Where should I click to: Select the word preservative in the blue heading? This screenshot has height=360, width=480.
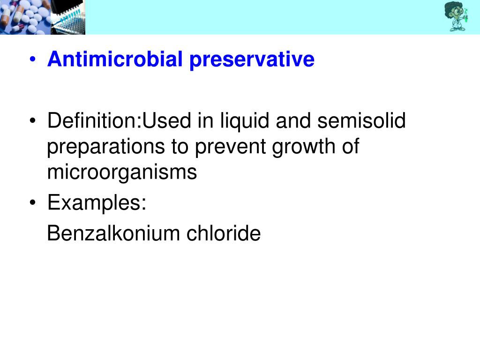tap(252, 60)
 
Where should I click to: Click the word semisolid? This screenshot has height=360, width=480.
tap(361, 121)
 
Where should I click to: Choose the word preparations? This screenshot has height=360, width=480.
tap(105, 147)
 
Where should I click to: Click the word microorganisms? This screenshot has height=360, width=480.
tap(122, 172)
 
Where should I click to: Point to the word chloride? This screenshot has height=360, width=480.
tap(224, 233)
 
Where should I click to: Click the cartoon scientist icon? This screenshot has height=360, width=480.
tap(456, 16)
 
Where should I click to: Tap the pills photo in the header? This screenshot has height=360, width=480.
tap(25, 17)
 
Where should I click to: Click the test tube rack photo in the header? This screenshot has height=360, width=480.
tap(68, 17)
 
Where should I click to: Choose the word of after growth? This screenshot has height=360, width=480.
tap(350, 147)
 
